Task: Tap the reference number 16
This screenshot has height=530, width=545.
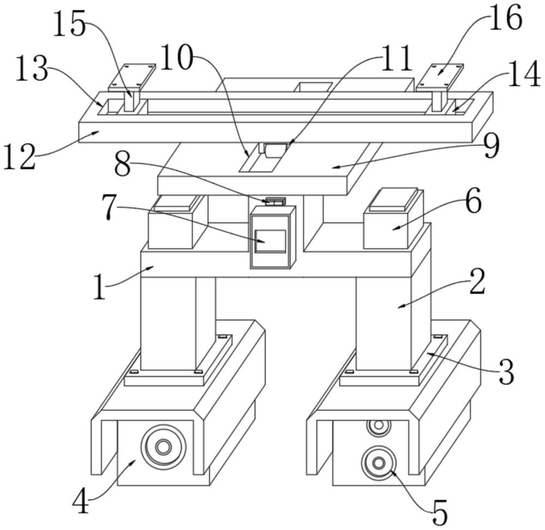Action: pos(505,19)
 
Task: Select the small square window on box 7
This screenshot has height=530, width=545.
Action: pos(270,240)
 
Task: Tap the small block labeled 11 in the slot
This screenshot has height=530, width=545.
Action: pos(275,149)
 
